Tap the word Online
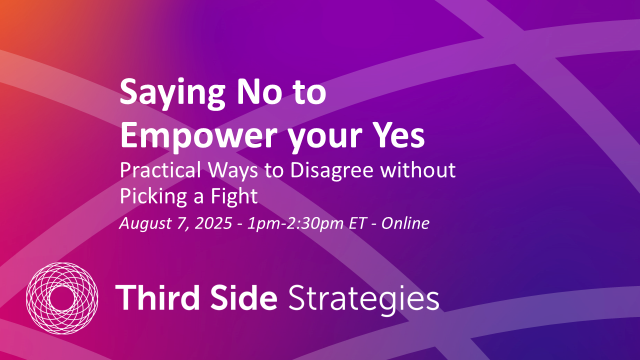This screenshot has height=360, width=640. click(x=405, y=223)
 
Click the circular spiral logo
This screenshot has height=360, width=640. click(x=61, y=298)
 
